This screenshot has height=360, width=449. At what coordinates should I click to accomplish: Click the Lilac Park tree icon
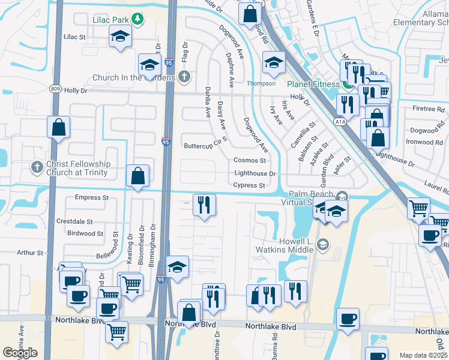[138, 20]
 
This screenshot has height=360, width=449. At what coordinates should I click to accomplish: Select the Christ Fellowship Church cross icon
[37, 168]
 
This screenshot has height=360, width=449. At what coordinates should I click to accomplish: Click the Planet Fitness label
[313, 84]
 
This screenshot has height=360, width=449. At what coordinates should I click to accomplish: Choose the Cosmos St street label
[249, 160]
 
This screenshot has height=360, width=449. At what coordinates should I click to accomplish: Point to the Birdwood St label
[85, 233]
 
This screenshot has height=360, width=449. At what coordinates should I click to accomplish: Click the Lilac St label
[75, 37]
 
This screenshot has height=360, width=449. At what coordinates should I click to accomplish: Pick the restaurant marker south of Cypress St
[204, 205]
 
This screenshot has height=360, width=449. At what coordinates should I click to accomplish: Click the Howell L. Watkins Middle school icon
[323, 244]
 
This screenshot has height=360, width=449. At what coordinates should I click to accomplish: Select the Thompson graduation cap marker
[274, 62]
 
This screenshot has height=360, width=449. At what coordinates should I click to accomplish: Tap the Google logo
[20, 352]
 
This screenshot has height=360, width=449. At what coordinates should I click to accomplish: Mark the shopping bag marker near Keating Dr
[138, 176]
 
